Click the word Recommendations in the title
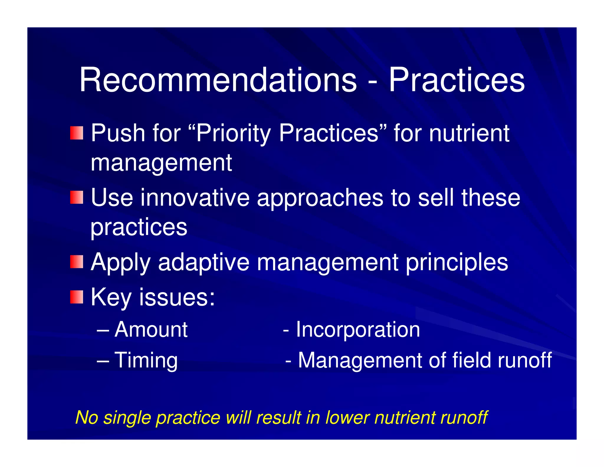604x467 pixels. (x=218, y=80)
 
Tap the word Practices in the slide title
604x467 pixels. (x=456, y=80)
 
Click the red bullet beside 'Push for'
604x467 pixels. (x=77, y=133)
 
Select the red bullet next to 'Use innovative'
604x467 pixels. (x=77, y=197)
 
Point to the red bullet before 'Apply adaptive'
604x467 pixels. (x=77, y=262)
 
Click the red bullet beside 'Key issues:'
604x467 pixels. (x=77, y=297)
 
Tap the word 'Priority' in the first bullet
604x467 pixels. (x=233, y=133)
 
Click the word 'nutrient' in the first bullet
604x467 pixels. (x=469, y=133)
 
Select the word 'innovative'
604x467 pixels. (x=195, y=197)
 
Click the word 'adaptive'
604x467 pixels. (x=203, y=262)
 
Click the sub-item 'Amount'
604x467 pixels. (x=151, y=329)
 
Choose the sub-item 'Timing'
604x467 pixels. (x=146, y=360)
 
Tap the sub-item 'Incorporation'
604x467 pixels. (x=358, y=329)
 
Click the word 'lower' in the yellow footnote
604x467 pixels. (x=347, y=417)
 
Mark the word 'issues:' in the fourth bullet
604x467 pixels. (x=177, y=297)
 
